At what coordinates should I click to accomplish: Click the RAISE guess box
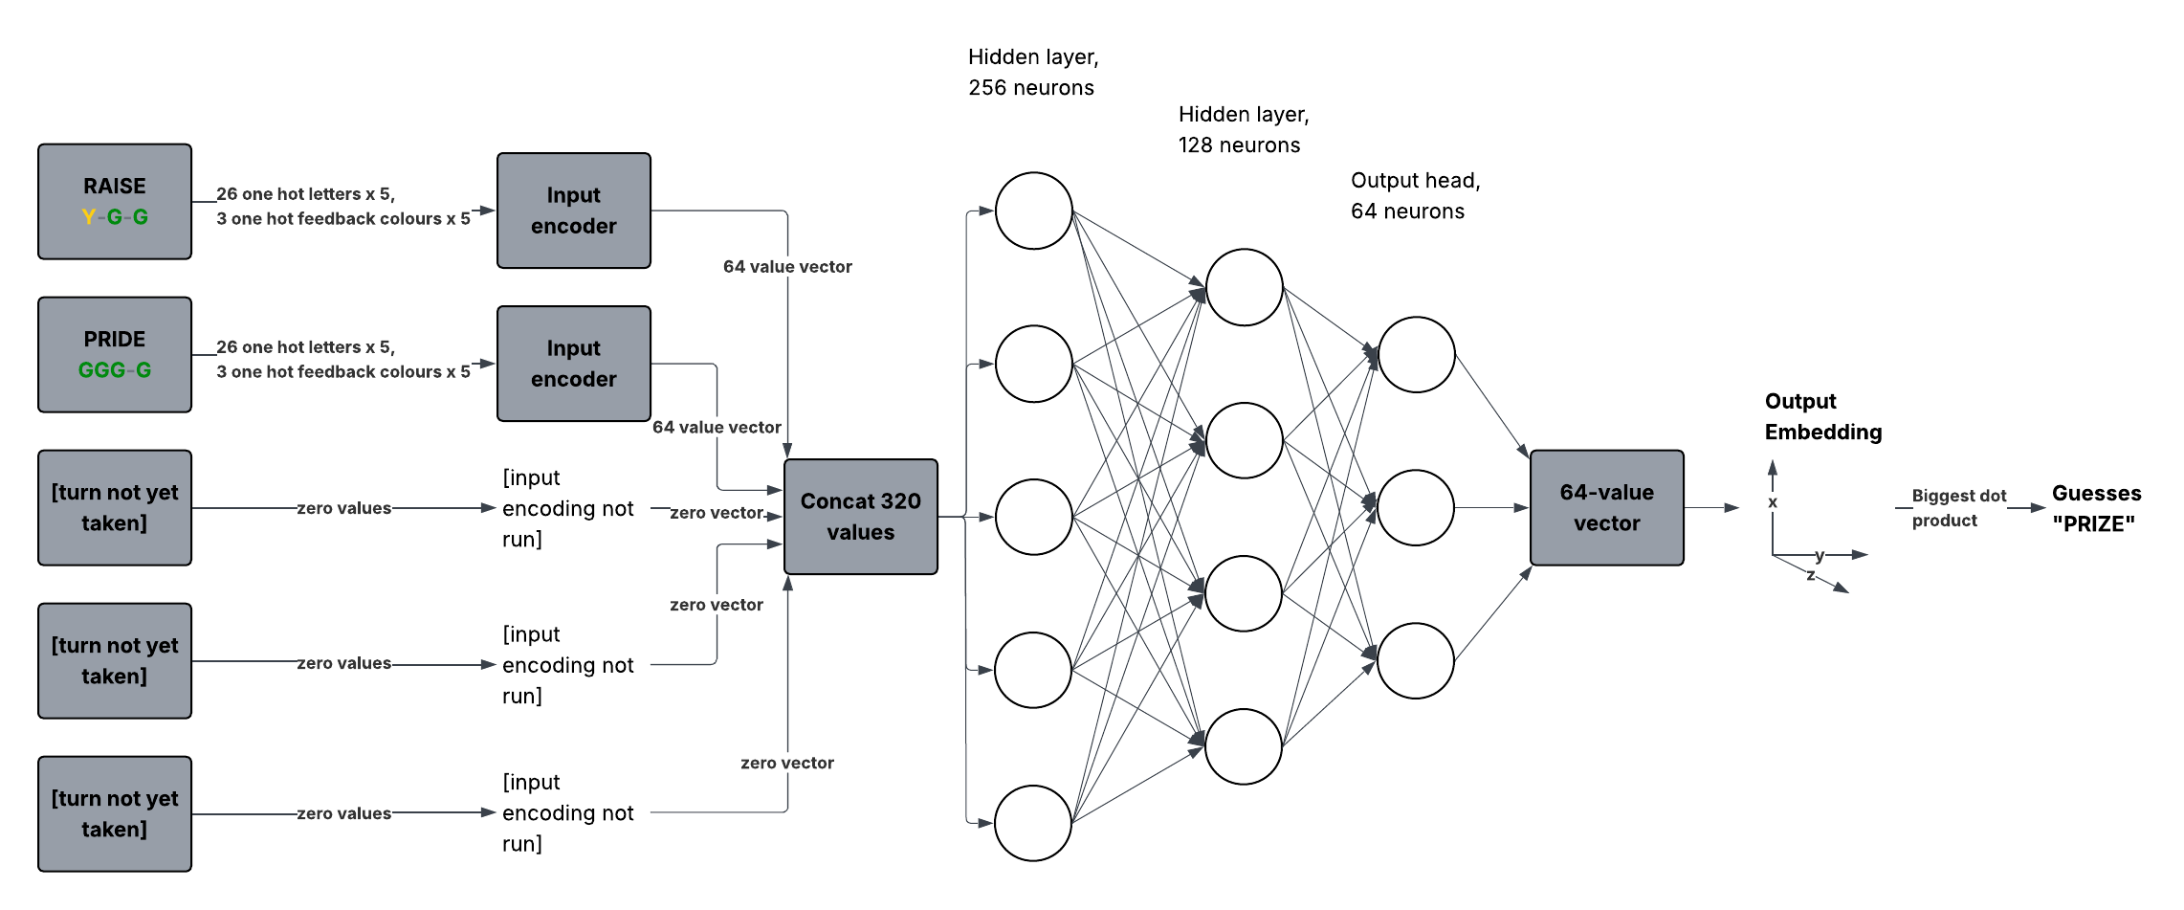(x=114, y=201)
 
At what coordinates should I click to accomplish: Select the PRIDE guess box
(x=114, y=354)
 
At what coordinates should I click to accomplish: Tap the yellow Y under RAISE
(x=88, y=217)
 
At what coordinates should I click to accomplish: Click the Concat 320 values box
(x=860, y=517)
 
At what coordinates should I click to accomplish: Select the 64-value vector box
(x=1606, y=507)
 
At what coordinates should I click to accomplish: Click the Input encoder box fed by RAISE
(x=573, y=211)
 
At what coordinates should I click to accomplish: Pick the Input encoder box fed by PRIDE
(x=573, y=364)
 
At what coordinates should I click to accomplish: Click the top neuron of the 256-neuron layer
(x=1033, y=211)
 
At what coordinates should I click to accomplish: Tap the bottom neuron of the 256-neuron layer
(x=1033, y=823)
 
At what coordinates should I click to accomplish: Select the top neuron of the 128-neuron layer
(x=1244, y=287)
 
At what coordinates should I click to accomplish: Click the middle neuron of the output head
(x=1416, y=507)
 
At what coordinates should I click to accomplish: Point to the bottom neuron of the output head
(x=1416, y=660)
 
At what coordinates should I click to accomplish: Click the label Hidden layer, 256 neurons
(x=1032, y=72)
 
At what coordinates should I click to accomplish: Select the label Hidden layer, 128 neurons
(x=1243, y=129)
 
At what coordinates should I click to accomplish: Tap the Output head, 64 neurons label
(x=1415, y=195)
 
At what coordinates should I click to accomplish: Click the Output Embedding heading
(x=1822, y=416)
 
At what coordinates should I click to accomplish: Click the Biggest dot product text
(x=1957, y=508)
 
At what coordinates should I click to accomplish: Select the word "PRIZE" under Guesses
(x=2093, y=524)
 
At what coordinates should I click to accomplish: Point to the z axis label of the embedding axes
(x=1810, y=575)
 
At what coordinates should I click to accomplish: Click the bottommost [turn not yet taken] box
(x=114, y=813)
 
